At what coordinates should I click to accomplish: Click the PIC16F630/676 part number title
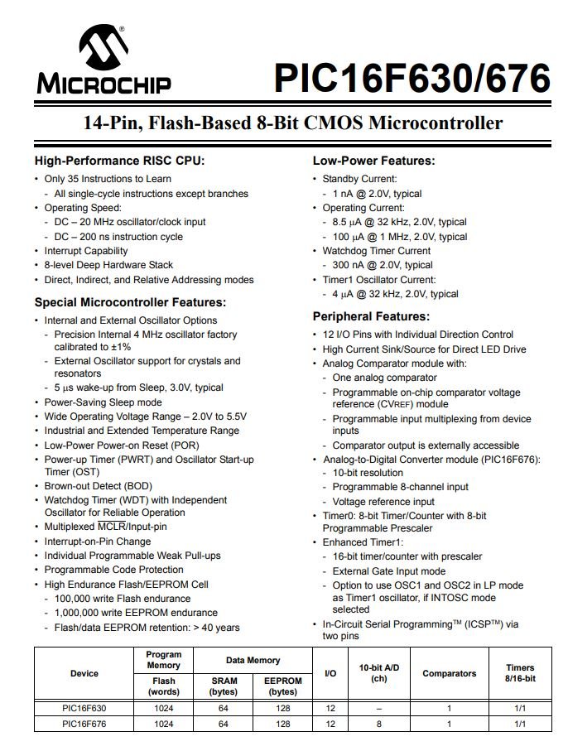click(x=412, y=79)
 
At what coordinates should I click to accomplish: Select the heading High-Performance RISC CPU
click(x=119, y=161)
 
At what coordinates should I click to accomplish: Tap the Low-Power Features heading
click(x=373, y=161)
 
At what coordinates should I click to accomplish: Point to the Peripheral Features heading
click(x=371, y=316)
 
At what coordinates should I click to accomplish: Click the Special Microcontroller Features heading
click(x=130, y=302)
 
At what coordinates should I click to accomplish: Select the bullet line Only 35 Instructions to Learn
click(x=108, y=179)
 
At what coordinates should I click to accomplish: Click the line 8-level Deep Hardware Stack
click(x=108, y=265)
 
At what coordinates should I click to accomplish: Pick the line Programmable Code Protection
click(x=114, y=570)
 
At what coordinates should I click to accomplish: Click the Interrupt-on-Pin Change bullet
click(x=98, y=542)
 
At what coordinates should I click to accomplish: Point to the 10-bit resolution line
click(x=368, y=472)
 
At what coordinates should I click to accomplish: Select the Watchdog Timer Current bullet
click(x=376, y=251)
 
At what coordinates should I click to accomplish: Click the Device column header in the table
click(x=84, y=673)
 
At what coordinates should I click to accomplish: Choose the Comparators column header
click(x=450, y=673)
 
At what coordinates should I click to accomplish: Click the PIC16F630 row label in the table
click(x=84, y=709)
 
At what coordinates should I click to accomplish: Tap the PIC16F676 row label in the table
click(x=84, y=724)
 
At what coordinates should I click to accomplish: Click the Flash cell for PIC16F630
click(x=163, y=709)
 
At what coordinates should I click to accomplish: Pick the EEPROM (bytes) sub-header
click(x=282, y=686)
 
